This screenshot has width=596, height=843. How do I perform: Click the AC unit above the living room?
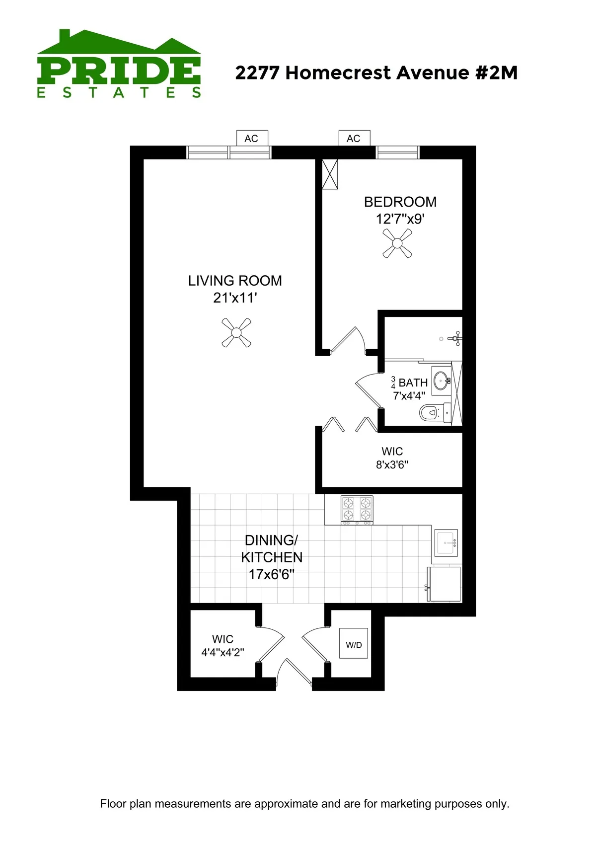[252, 138]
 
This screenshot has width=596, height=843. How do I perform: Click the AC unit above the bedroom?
[354, 138]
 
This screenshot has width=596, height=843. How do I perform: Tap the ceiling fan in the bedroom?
[397, 243]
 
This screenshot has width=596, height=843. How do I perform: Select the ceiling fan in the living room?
[236, 332]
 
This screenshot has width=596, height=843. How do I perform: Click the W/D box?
[354, 644]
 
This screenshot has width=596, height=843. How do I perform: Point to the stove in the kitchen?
[357, 510]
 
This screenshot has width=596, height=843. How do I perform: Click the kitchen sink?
[446, 542]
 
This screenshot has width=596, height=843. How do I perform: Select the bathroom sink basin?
[441, 382]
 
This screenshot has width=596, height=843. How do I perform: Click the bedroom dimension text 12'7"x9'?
[400, 219]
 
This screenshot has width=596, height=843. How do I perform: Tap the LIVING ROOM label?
[235, 281]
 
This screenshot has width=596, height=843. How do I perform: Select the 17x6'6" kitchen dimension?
[272, 575]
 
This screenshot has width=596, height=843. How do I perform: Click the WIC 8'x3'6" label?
[392, 458]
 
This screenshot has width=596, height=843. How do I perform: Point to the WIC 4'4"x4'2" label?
[223, 646]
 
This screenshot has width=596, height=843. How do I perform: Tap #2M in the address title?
[496, 73]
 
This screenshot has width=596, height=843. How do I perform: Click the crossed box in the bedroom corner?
[330, 174]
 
